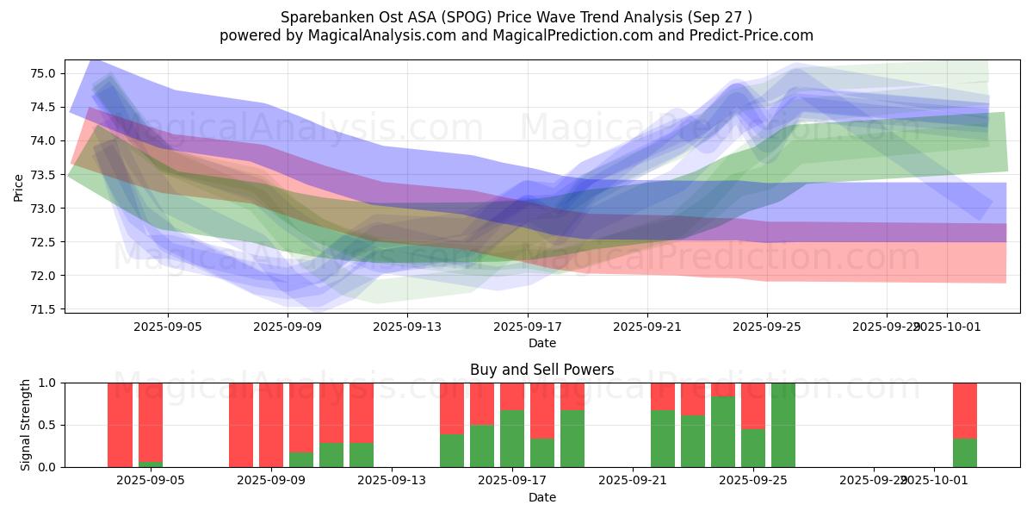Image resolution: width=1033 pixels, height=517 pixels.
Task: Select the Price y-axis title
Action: tap(19, 186)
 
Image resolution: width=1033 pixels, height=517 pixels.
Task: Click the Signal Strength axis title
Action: tap(26, 425)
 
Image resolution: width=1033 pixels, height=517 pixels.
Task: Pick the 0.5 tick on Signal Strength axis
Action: tap(48, 425)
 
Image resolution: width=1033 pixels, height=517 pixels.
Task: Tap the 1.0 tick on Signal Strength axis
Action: tap(48, 383)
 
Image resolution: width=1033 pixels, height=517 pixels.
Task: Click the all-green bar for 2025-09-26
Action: tap(783, 425)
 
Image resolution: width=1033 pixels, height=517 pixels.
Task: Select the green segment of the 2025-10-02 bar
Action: tap(965, 452)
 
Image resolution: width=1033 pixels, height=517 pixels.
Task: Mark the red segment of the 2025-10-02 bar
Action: tap(965, 410)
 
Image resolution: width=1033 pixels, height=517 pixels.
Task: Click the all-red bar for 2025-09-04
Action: tap(121, 425)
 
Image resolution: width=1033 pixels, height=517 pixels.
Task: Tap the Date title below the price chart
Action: tap(541, 343)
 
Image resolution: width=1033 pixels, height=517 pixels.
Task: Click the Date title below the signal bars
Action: tap(541, 497)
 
